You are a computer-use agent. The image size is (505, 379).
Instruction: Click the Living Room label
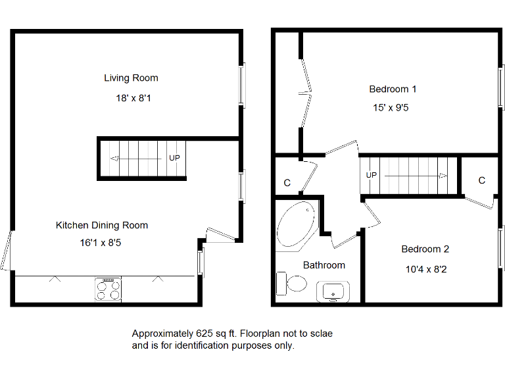(x=131, y=78)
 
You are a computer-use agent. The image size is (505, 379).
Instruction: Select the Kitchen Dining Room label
(x=102, y=225)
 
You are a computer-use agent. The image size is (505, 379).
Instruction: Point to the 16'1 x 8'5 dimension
(x=101, y=243)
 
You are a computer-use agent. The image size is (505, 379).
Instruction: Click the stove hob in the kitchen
(x=108, y=289)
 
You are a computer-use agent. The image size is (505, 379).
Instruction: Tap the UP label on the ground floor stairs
(x=174, y=158)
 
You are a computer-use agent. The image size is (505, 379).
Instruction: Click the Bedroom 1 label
(x=393, y=89)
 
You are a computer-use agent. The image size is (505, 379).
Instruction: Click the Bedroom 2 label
(x=425, y=249)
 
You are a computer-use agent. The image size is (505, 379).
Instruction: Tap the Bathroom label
(x=324, y=265)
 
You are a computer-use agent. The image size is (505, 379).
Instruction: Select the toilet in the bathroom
(x=293, y=284)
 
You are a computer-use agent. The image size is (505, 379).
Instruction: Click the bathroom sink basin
(x=334, y=291)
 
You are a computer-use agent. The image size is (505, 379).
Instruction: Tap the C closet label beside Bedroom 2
(x=481, y=180)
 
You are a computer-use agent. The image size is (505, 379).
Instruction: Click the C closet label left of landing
(x=287, y=183)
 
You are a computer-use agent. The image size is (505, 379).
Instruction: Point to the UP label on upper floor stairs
(x=372, y=176)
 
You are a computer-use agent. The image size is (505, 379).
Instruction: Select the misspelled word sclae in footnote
(x=321, y=334)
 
